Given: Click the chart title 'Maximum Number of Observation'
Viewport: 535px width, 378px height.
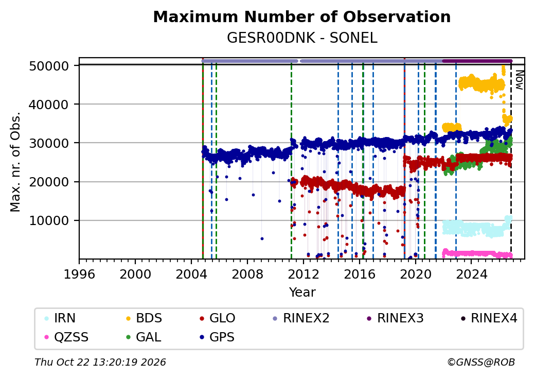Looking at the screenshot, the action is click(x=302, y=16).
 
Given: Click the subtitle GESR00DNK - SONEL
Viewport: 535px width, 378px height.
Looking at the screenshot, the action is click(x=302, y=38).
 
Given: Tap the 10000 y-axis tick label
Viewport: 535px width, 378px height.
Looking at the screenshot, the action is click(x=49, y=221).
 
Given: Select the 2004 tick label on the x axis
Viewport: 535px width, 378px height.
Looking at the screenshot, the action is click(x=191, y=274).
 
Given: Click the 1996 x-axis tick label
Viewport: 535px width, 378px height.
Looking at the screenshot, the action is click(x=79, y=274).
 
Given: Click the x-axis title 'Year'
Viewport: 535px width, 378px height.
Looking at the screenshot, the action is click(x=302, y=293).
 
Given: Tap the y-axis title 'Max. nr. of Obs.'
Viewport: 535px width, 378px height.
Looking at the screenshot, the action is click(x=15, y=162).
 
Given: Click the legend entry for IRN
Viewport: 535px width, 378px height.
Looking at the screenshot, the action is click(x=60, y=318).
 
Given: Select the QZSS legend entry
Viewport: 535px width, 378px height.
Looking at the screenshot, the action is click(x=66, y=337).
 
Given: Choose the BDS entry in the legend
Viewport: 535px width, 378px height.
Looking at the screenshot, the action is click(x=144, y=318).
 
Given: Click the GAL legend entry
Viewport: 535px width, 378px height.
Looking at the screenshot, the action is click(x=144, y=337).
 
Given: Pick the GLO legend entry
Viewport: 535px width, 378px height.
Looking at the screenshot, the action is click(x=217, y=318).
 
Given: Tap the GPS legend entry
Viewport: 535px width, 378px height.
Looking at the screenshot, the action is click(x=217, y=337).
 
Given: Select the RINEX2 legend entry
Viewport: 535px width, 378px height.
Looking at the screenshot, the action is click(x=301, y=318).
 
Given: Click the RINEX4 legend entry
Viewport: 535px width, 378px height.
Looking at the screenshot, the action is click(x=489, y=318).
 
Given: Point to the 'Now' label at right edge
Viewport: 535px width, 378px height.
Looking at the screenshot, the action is click(x=519, y=80).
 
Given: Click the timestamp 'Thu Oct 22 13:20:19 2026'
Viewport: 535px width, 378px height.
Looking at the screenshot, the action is click(x=100, y=362).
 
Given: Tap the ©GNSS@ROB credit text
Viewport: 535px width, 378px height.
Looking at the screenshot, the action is click(x=481, y=362).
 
